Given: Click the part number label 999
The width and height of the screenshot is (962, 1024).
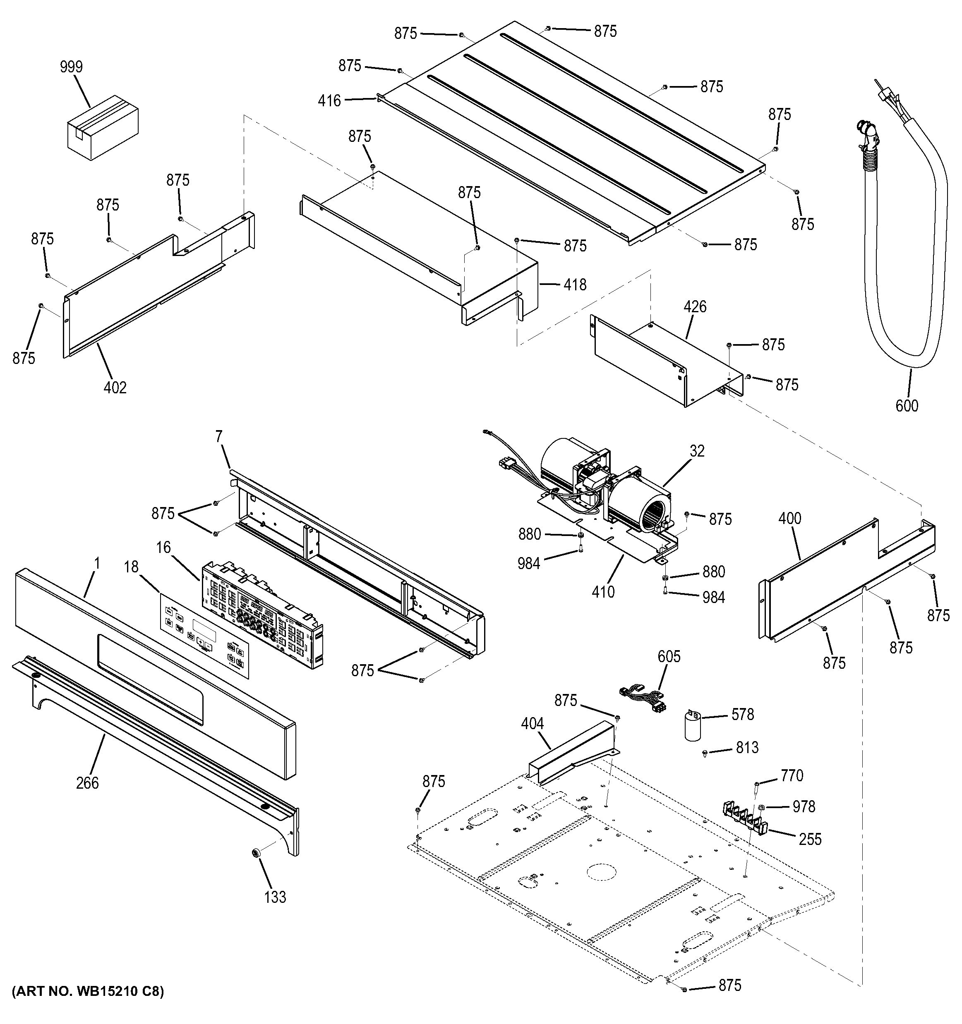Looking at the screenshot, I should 71,67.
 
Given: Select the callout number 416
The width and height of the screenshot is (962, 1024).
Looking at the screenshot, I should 329,100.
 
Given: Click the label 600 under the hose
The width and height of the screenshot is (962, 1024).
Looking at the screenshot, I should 907,406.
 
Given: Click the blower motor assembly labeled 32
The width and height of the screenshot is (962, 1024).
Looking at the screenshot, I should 608,484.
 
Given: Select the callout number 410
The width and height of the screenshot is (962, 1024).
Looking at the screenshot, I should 603,592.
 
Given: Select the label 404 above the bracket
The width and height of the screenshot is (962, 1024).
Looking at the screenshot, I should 532,724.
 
